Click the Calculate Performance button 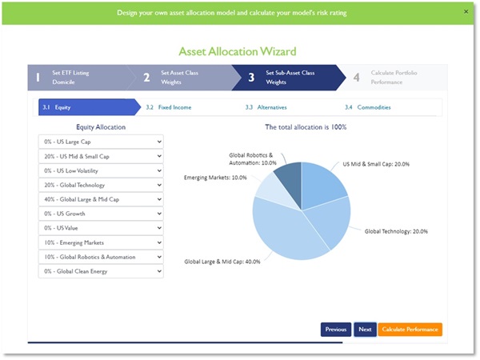410,329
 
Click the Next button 365,329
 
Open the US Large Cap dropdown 101,142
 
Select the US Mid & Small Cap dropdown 101,156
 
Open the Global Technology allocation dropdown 101,185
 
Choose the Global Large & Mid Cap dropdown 101,199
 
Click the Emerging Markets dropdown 101,242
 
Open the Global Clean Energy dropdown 101,271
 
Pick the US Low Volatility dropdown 101,170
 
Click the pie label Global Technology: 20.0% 396,231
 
